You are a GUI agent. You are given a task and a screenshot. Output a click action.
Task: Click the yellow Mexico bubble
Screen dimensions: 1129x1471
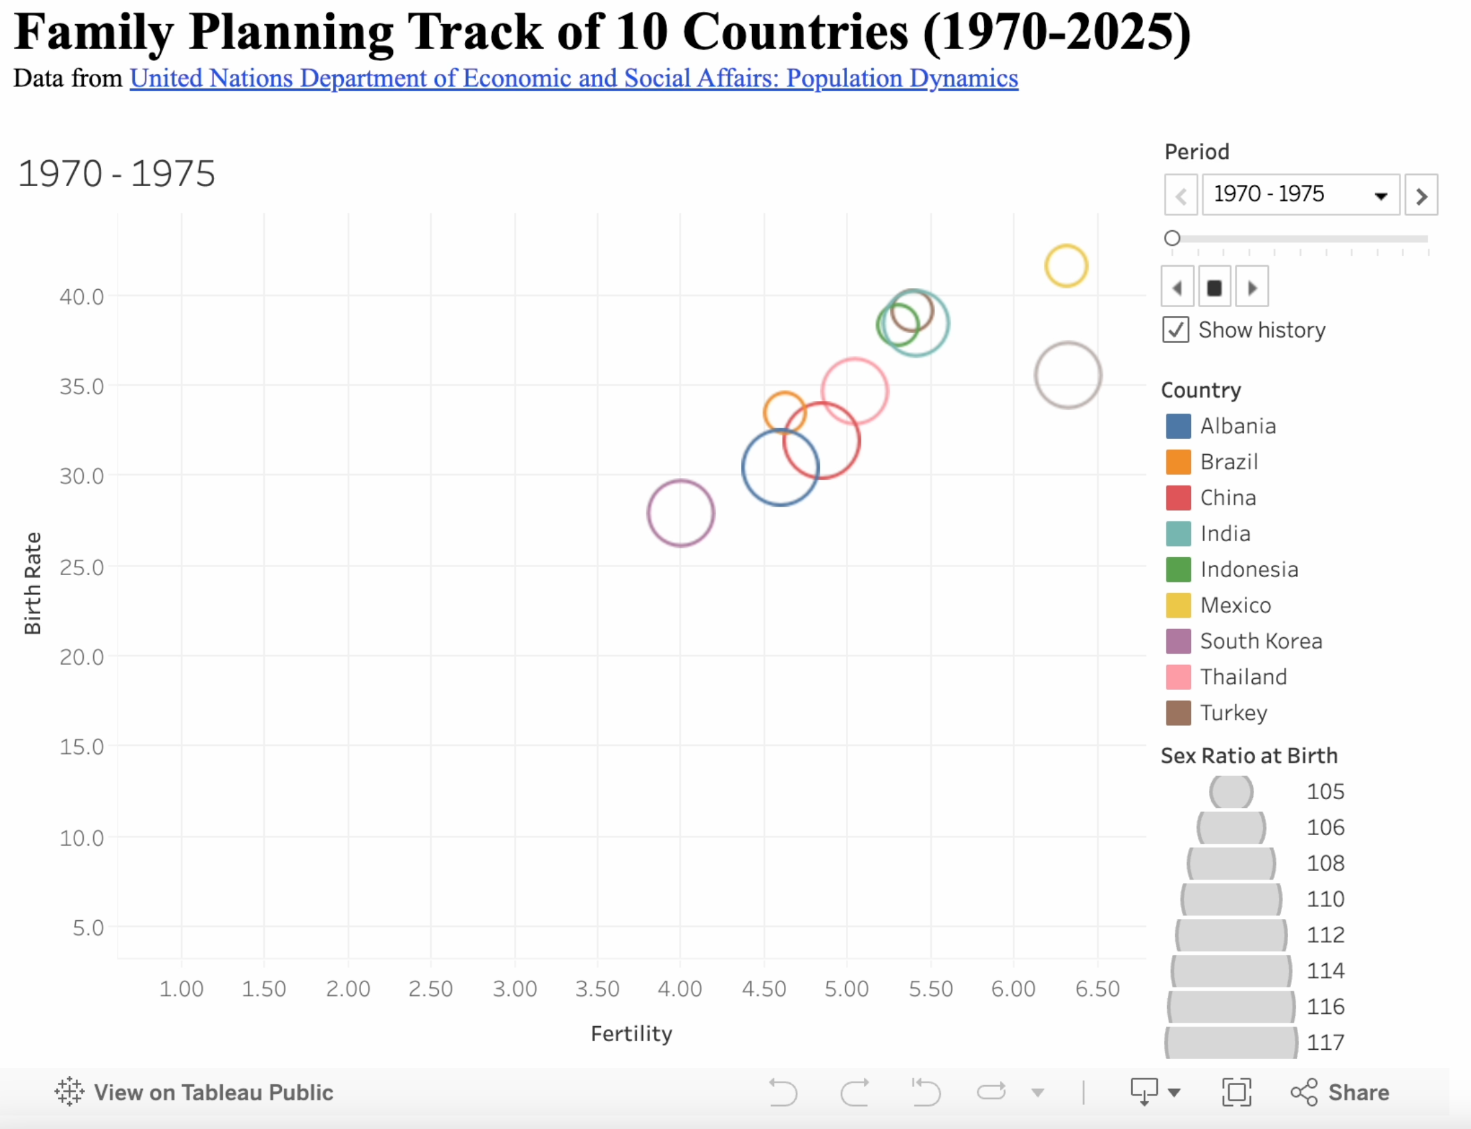(x=1066, y=266)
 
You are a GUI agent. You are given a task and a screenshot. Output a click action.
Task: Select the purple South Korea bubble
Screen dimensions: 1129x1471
(x=680, y=513)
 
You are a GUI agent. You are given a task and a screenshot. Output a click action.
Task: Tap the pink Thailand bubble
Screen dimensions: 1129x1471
(x=855, y=391)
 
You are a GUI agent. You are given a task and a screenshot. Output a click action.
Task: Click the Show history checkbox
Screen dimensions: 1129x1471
(x=1175, y=330)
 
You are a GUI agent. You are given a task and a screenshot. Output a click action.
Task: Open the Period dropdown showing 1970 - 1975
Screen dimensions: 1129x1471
(x=1299, y=195)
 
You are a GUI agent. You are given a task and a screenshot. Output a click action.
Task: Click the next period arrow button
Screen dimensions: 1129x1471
(x=1420, y=195)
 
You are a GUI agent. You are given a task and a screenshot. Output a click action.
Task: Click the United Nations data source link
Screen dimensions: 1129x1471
(x=574, y=78)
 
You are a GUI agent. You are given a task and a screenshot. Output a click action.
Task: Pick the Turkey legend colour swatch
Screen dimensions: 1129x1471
(x=1178, y=713)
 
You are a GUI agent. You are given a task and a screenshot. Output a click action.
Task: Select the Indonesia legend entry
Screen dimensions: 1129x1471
(x=1249, y=570)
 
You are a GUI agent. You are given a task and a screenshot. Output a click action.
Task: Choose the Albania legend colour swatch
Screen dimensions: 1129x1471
(x=1178, y=426)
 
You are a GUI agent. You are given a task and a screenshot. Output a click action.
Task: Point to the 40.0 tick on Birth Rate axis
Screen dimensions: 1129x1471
(x=81, y=297)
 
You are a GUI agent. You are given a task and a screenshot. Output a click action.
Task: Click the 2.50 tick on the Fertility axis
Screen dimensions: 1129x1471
(x=430, y=989)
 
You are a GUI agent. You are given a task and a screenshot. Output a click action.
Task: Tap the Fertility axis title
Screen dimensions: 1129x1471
(x=631, y=1033)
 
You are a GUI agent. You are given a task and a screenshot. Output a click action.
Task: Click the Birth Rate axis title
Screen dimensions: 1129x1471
(x=33, y=583)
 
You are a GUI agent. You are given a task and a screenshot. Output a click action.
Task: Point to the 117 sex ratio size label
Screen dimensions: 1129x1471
(x=1325, y=1043)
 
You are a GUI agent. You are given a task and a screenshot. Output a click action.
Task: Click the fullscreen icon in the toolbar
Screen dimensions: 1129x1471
(x=1236, y=1092)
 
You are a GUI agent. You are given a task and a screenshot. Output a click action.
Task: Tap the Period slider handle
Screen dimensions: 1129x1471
(x=1172, y=238)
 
